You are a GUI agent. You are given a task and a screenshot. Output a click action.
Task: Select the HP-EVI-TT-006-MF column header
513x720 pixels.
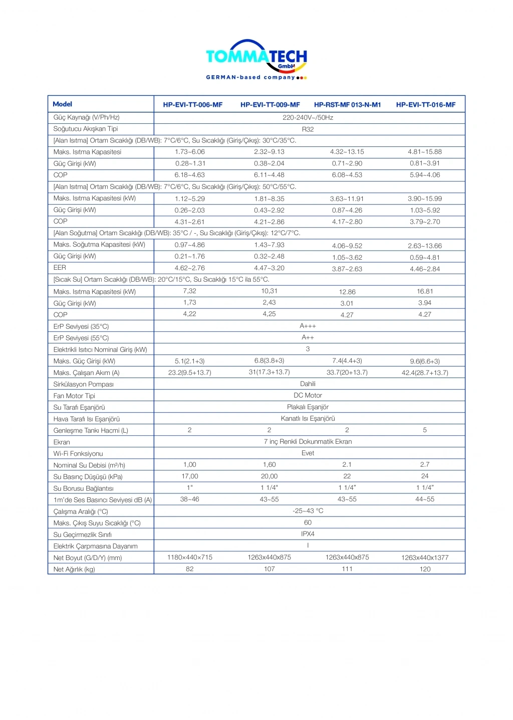192,105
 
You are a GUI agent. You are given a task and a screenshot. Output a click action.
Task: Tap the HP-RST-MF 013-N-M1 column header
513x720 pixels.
347,105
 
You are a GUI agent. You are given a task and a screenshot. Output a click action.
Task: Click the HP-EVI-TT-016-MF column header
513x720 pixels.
426,105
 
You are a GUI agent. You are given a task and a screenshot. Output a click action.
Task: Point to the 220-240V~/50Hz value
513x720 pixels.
308,117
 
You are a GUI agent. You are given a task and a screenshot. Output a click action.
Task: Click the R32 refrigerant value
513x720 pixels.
308,129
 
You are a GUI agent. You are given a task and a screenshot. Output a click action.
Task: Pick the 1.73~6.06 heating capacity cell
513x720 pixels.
189,152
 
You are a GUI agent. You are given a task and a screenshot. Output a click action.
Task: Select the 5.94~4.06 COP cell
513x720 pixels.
425,175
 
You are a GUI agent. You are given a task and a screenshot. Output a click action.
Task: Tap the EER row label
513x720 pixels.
60,268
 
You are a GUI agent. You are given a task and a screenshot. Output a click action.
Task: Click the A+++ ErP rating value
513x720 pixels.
308,326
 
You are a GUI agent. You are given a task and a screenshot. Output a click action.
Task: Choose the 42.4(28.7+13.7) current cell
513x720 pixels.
425,373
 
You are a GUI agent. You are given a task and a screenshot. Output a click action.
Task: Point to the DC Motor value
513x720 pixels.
308,396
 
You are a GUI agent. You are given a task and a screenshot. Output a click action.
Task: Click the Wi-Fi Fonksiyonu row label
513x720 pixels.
78,454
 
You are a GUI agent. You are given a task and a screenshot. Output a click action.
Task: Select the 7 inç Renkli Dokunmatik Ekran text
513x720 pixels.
308,442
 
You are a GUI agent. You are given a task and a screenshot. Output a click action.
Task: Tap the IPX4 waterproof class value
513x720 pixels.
308,534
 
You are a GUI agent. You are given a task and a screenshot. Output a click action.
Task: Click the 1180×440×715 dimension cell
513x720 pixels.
189,558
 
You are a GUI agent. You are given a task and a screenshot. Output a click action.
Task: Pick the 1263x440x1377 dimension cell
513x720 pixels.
425,558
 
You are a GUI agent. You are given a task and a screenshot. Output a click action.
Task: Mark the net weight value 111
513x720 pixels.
347,569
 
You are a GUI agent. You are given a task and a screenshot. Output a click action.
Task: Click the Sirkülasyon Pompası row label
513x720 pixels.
83,384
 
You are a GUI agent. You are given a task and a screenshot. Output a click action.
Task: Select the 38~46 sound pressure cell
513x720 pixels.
189,499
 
